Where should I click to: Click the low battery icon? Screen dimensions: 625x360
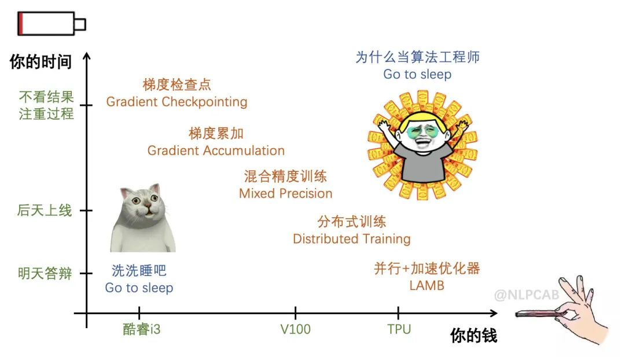[52, 24]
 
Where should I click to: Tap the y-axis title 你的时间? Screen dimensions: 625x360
[41, 62]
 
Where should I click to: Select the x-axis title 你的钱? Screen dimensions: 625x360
[473, 335]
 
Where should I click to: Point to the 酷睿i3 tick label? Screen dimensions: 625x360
[142, 329]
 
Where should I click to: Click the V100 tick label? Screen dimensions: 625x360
[295, 329]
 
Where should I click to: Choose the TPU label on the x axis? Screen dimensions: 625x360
[399, 329]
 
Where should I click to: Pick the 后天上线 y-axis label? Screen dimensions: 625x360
[44, 211]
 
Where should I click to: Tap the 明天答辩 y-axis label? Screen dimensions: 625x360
[45, 274]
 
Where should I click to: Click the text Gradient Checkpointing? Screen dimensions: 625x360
[177, 102]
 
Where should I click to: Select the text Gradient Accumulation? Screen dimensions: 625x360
[216, 150]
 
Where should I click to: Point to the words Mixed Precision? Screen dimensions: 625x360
[285, 194]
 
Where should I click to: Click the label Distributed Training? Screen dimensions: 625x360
[352, 239]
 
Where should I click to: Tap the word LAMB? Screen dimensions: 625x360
[427, 285]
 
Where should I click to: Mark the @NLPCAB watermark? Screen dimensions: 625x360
[527, 295]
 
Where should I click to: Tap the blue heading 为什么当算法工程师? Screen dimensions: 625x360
[417, 57]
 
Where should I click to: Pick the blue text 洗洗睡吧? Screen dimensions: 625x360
[139, 271]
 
